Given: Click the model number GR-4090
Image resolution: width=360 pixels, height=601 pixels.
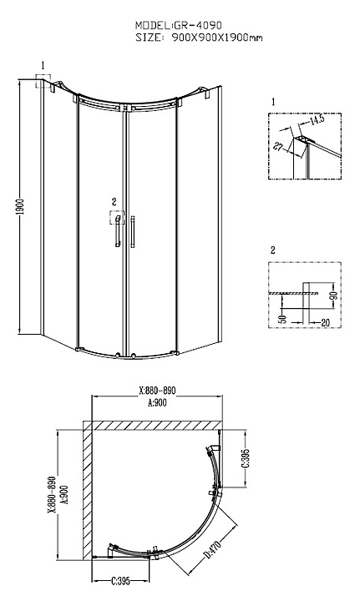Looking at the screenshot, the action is [x=198, y=25].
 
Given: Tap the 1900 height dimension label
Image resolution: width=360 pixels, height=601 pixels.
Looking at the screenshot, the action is [x=21, y=207].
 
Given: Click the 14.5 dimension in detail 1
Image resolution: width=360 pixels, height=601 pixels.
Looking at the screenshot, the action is [x=317, y=119].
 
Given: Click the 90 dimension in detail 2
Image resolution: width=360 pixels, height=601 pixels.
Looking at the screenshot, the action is [x=333, y=295].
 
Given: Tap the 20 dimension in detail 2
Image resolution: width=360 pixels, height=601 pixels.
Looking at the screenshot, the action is [x=325, y=323].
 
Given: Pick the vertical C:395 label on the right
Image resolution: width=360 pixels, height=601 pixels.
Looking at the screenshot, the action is [x=246, y=459].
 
